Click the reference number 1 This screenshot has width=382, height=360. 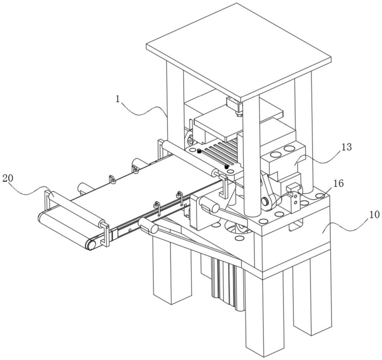[x=118, y=99]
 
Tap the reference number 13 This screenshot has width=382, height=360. [x=346, y=147]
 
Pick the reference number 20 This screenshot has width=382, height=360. [x=8, y=178]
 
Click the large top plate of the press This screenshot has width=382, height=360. [x=239, y=52]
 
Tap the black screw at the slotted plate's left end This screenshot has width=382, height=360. [x=199, y=152]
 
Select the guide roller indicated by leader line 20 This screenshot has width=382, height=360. [x=76, y=208]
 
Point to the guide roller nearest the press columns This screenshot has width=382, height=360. [x=190, y=158]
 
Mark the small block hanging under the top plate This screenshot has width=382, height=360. [x=235, y=106]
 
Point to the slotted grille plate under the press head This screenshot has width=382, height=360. [x=214, y=156]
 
